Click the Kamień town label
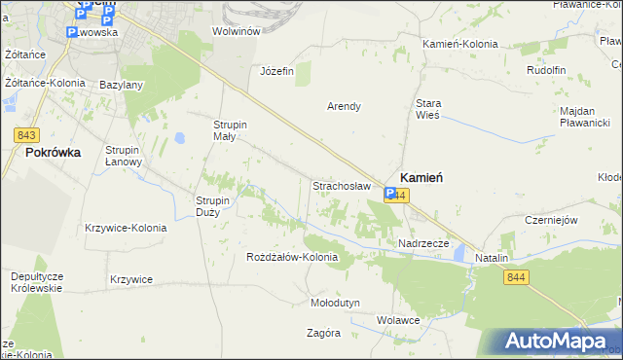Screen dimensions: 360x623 tap(421, 177)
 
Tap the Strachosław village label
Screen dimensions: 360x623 tap(339, 185)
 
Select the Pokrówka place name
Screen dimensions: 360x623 tap(54, 153)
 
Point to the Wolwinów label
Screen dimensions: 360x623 tap(237, 31)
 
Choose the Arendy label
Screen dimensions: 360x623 tap(344, 106)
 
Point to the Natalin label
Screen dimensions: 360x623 tap(493, 258)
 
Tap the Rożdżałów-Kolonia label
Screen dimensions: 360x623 tap(292, 257)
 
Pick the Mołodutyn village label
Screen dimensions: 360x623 tap(335, 303)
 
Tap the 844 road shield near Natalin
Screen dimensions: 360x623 tap(517, 278)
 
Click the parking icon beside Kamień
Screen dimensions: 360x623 tap(389, 195)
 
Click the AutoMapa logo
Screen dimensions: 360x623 tap(558, 342)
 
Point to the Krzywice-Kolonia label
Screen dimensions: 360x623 tap(126, 228)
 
